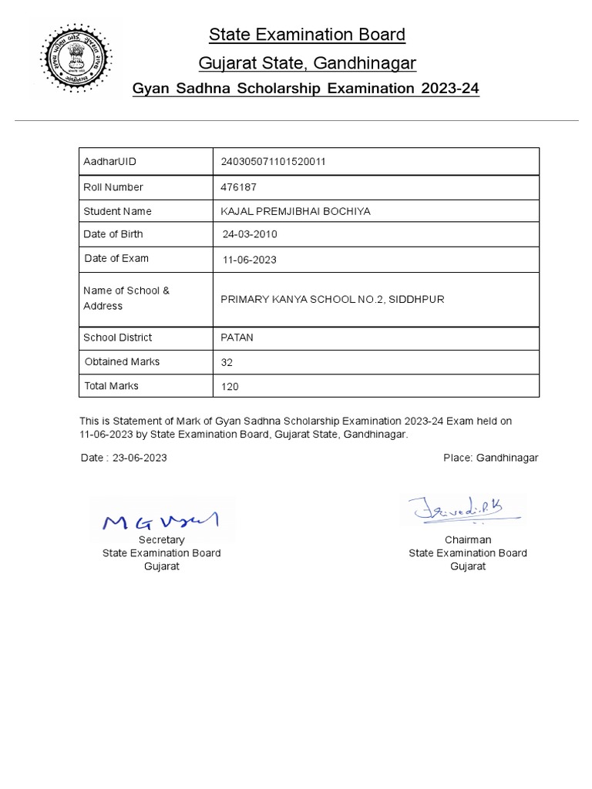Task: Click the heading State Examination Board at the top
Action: click(307, 35)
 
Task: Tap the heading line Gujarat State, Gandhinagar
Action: click(307, 62)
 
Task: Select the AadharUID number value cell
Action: click(273, 162)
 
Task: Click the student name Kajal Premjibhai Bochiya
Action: click(295, 211)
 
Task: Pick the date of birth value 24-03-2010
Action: click(250, 234)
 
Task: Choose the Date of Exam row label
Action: click(116, 258)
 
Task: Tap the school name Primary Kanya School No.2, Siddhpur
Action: click(332, 299)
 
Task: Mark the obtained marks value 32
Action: click(227, 362)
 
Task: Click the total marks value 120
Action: click(230, 387)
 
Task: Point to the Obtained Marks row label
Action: click(122, 361)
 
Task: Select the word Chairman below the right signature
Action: click(468, 540)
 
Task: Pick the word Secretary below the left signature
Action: click(161, 540)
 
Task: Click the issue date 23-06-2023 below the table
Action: click(140, 458)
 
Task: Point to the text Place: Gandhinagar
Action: click(491, 458)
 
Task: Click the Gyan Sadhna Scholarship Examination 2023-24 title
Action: click(305, 89)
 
